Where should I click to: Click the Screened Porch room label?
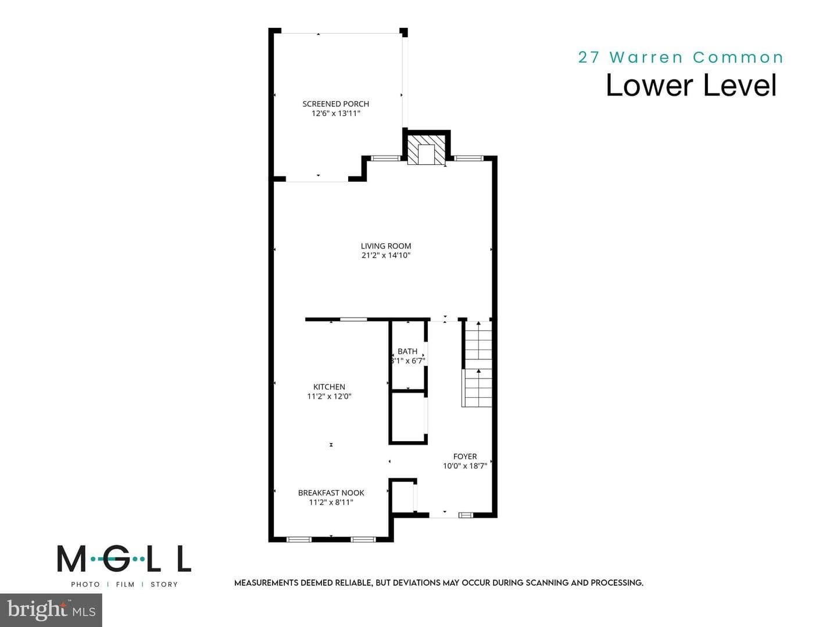coord(335,103)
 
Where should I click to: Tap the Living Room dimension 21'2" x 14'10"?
coord(385,255)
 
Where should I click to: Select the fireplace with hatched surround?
coord(427,149)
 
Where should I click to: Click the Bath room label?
coord(407,351)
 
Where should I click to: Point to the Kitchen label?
coord(329,387)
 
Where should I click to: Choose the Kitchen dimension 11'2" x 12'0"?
coord(329,397)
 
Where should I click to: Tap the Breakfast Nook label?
coord(331,493)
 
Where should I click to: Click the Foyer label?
coord(465,456)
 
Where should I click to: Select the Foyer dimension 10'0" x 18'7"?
coord(465,466)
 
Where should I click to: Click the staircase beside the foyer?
coord(477,364)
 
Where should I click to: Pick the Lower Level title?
coord(691,85)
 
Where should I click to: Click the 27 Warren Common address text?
coord(681,57)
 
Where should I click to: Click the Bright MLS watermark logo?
coord(51,610)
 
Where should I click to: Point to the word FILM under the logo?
coord(125,585)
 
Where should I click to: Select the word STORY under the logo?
coord(164,585)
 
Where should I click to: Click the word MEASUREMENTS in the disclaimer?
coord(264,583)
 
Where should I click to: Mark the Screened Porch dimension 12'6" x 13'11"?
coord(335,113)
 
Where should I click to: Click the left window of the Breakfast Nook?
coord(299,539)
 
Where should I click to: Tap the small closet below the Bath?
coord(407,417)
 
